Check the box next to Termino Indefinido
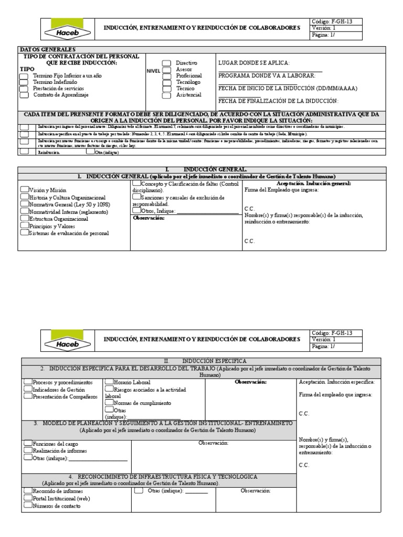click(x=24, y=83)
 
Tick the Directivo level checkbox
click(x=166, y=63)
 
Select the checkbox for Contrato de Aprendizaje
click(x=24, y=95)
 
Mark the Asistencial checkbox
click(x=166, y=95)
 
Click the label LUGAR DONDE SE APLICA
click(x=253, y=62)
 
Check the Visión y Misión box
click(x=24, y=190)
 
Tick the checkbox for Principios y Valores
click(x=24, y=225)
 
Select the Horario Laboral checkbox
click(x=109, y=382)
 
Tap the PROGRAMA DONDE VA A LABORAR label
click(x=267, y=76)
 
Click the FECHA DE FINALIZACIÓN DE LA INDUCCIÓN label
click(x=278, y=101)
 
